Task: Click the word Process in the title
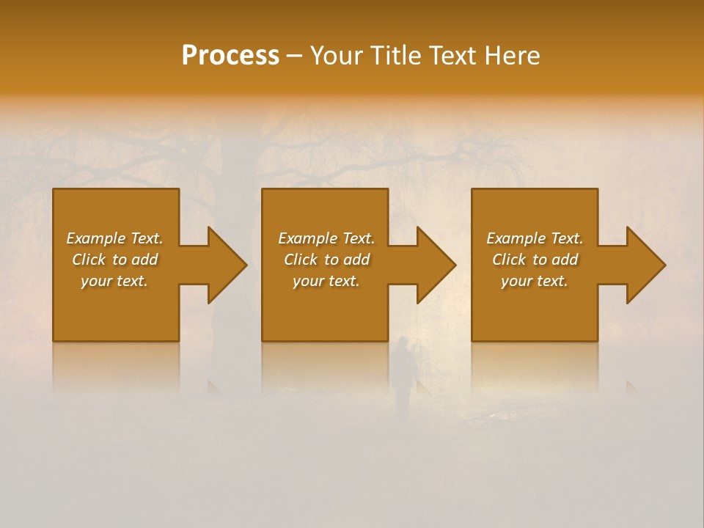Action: pos(230,56)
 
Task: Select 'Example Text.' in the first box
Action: pos(114,238)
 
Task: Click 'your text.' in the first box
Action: pos(114,281)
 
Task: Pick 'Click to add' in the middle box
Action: pos(326,260)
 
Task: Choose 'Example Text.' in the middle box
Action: pos(326,238)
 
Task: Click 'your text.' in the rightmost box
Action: pos(535,281)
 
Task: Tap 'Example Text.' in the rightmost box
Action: pos(535,238)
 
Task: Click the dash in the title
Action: pos(294,56)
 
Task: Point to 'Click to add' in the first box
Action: pos(114,260)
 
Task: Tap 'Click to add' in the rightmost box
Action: pos(535,260)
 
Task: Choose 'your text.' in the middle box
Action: pos(326,281)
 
